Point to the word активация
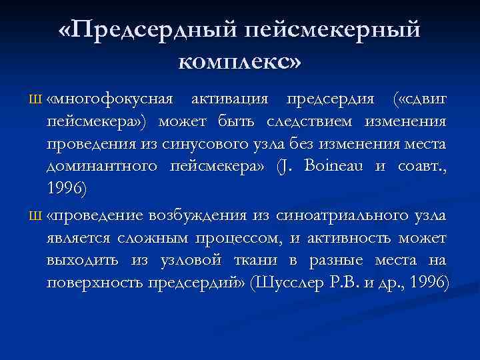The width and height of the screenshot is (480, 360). tap(230, 99)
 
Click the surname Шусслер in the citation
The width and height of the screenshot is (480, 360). tap(289, 282)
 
